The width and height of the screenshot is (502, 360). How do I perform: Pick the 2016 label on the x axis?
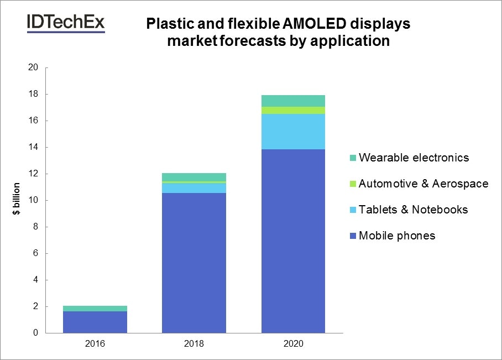pos(95,343)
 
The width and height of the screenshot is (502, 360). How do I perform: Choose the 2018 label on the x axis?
pos(194,343)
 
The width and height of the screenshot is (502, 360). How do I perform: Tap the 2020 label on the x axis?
pos(293,343)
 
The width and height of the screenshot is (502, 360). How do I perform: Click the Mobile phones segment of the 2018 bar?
pos(194,263)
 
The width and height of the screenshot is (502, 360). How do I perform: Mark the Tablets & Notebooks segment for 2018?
pos(194,188)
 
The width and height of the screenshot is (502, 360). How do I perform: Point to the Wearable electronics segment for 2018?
pos(194,177)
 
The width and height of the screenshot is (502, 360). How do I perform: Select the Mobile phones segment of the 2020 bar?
pos(293,241)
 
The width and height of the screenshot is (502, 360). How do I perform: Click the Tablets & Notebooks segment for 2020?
pos(293,132)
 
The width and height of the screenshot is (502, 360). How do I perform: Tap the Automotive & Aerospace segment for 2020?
pos(293,111)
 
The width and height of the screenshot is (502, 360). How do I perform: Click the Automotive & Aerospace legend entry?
pos(423,184)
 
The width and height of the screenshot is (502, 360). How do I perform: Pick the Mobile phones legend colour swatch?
pos(352,236)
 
